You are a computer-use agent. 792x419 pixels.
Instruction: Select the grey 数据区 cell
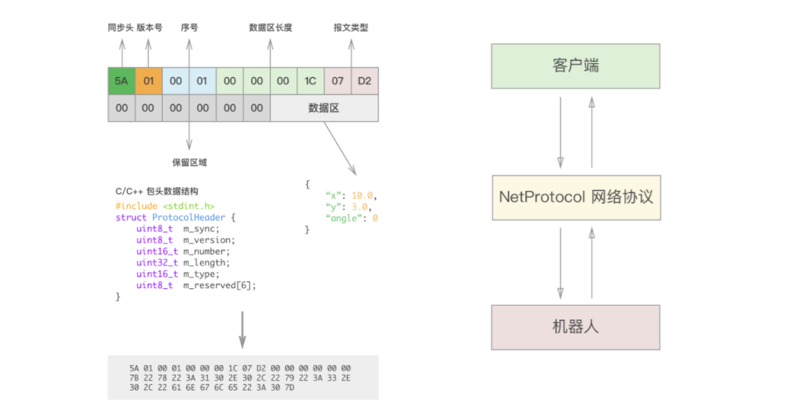tap(324, 108)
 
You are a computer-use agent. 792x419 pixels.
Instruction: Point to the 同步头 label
tap(121, 28)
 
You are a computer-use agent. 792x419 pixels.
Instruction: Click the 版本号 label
tap(149, 28)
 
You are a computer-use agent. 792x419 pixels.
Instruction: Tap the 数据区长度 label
tap(271, 28)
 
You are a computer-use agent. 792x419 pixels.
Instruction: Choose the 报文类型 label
tap(351, 28)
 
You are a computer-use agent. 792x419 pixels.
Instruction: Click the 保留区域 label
tap(189, 162)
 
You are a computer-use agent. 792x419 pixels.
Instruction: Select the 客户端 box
tap(575, 65)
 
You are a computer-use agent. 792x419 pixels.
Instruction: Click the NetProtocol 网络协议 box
tap(575, 196)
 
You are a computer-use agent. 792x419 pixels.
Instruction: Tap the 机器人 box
tap(575, 328)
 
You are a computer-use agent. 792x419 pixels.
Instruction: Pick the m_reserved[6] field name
tap(220, 286)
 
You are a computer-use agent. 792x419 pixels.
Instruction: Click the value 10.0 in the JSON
tap(364, 195)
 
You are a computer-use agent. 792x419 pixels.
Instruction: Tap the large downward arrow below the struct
tap(243, 329)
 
